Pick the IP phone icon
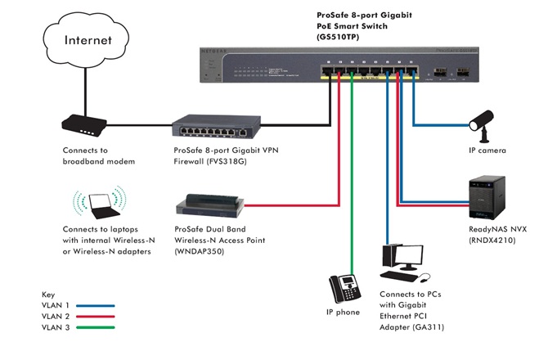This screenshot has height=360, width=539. [x=345, y=287]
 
